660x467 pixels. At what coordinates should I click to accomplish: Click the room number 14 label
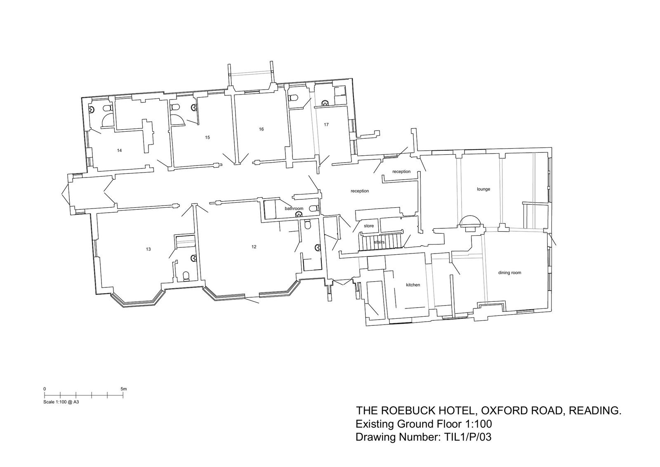(119, 150)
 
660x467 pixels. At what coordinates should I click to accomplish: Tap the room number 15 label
(207, 137)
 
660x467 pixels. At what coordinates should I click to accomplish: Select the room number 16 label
(262, 129)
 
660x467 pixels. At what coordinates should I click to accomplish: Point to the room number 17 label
(326, 125)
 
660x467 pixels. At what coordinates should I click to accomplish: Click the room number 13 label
(148, 249)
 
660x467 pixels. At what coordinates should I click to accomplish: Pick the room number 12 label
(254, 247)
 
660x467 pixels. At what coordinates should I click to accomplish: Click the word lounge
(483, 189)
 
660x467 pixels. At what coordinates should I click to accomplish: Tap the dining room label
(510, 273)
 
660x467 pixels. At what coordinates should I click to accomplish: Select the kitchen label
(413, 285)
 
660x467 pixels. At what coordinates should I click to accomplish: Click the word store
(369, 226)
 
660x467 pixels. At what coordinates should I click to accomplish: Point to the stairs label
(379, 242)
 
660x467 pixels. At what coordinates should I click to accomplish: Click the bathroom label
(294, 209)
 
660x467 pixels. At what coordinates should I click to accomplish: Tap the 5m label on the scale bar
(124, 389)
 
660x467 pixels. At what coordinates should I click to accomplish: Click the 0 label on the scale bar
(45, 389)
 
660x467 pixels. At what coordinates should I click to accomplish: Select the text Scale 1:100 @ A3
(61, 402)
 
